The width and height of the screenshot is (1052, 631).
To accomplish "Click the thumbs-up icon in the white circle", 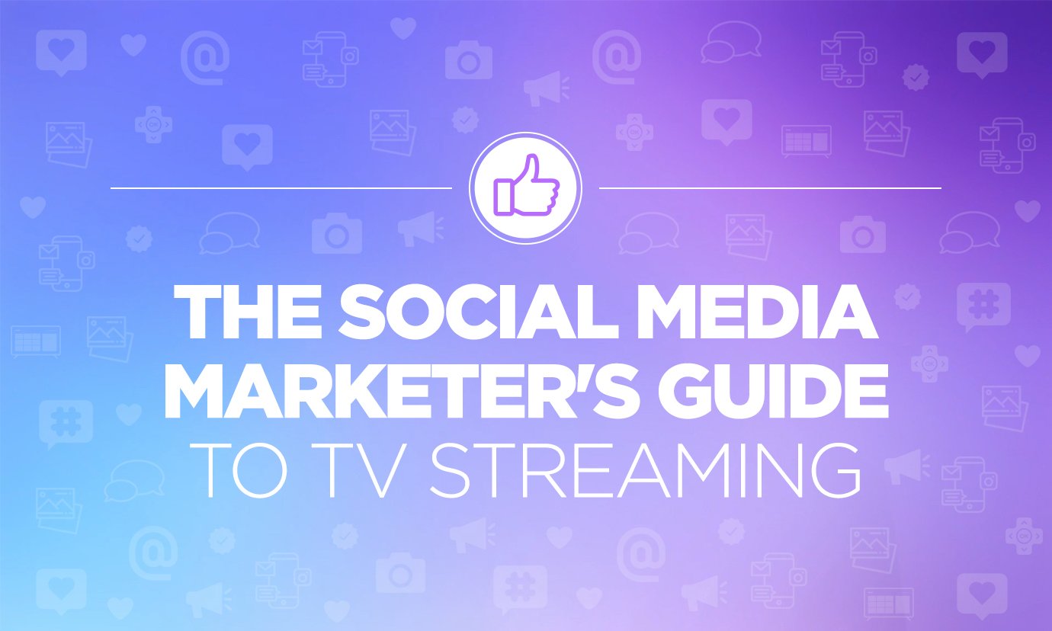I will (525, 187).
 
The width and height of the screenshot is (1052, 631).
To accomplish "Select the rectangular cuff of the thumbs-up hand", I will (503, 196).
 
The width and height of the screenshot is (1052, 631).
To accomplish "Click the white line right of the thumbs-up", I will (770, 187).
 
